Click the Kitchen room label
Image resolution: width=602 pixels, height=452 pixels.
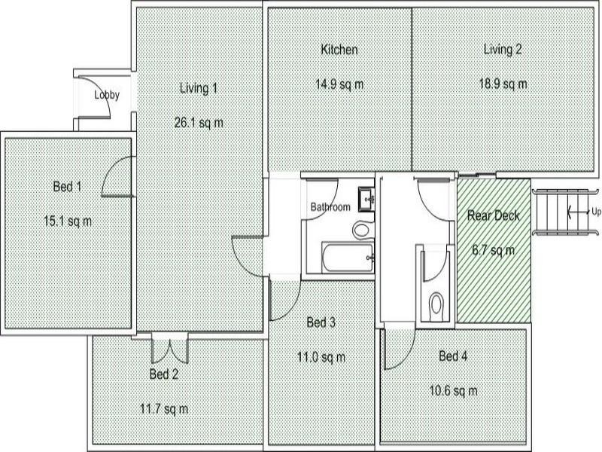pyautogui.click(x=339, y=50)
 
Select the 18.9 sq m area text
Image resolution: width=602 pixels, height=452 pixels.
pyautogui.click(x=503, y=84)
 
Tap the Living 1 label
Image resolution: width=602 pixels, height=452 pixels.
pyautogui.click(x=199, y=88)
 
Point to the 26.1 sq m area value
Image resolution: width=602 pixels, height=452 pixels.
pyautogui.click(x=199, y=122)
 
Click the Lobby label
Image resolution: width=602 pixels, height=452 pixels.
pyautogui.click(x=106, y=96)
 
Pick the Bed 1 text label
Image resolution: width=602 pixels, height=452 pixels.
pyautogui.click(x=67, y=186)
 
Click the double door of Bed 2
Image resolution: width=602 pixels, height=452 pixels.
pyautogui.click(x=169, y=348)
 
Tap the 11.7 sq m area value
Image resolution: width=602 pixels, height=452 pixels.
pyautogui.click(x=164, y=409)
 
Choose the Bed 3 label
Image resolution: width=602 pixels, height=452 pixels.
pyautogui.click(x=321, y=322)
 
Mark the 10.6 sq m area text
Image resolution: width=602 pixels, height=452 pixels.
pyautogui.click(x=454, y=390)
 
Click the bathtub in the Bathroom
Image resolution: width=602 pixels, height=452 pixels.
pyautogui.click(x=348, y=258)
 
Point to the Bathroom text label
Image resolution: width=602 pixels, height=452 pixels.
pyautogui.click(x=330, y=207)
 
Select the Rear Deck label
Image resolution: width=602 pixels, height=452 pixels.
pyautogui.click(x=494, y=215)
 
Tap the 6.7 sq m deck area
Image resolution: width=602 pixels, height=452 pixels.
pyautogui.click(x=494, y=250)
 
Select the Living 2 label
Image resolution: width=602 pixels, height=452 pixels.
pyautogui.click(x=503, y=50)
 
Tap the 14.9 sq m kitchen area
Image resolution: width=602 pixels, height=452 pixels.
pyautogui.click(x=339, y=84)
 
